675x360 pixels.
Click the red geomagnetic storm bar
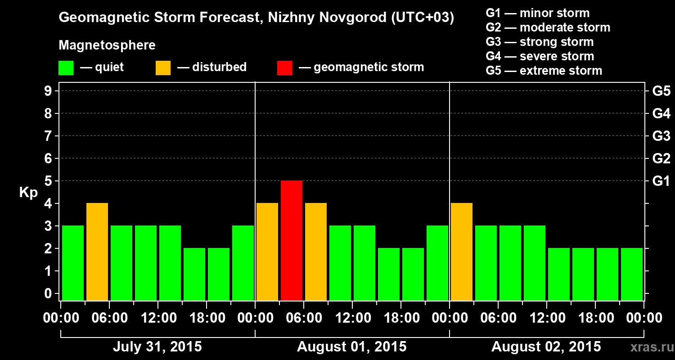coord(292,240)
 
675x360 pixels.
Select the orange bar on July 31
coord(97,252)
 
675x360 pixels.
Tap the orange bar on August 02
coord(462,252)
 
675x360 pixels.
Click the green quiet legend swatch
coord(66,68)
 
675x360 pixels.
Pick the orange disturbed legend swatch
coord(163,68)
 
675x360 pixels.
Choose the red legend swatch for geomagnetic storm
coord(284,68)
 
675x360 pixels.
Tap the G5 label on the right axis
coord(661,91)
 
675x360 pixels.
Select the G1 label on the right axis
coord(661,181)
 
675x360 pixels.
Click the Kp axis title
coord(28,193)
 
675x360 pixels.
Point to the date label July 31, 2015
coord(157,347)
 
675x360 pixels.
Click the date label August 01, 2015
coord(351,347)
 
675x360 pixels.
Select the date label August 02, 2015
coord(546,347)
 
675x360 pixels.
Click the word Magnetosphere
coord(107,45)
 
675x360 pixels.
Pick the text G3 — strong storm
coord(540,42)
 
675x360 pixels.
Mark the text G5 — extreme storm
coord(544,71)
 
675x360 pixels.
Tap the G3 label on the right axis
coord(661,136)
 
